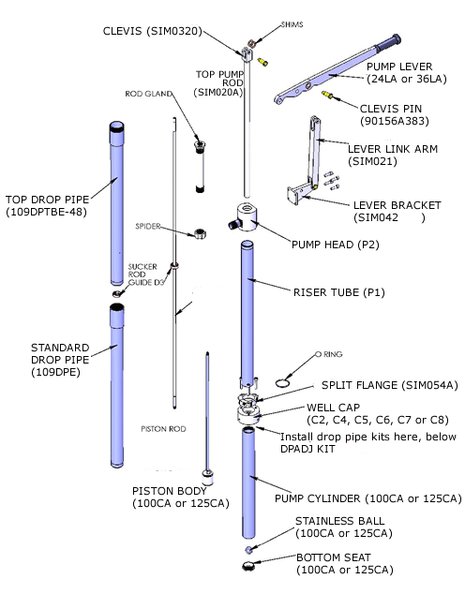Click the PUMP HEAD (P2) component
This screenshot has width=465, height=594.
pyautogui.click(x=247, y=217)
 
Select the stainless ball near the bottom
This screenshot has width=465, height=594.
pyautogui.click(x=247, y=549)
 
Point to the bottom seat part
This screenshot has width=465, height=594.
pyautogui.click(x=248, y=568)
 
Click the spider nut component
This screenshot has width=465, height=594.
pyautogui.click(x=199, y=232)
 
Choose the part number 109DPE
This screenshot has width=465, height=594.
pyautogui.click(x=48, y=371)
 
